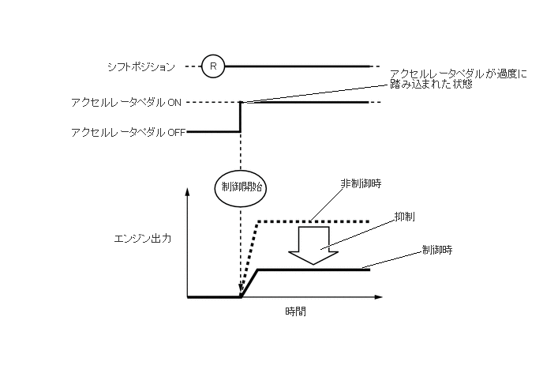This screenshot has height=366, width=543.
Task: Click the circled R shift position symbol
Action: pos(212,67)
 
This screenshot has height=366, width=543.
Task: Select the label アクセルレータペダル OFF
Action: pos(127,133)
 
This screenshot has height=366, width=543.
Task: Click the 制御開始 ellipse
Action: pos(240,187)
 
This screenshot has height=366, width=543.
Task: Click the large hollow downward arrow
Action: pos(313,243)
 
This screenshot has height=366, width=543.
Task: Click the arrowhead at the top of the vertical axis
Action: pos(188,192)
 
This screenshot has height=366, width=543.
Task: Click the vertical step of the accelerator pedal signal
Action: pos(240,117)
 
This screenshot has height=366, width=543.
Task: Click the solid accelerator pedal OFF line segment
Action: pos(213,132)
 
